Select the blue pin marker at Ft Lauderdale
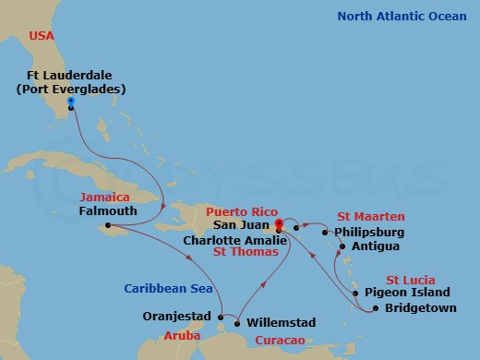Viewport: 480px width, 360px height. [x=70, y=102]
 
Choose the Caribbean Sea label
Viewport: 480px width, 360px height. [x=162, y=289]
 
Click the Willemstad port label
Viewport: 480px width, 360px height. [x=282, y=323]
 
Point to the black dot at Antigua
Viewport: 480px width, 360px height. [x=342, y=246]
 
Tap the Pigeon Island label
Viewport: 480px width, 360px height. [x=416, y=293]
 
